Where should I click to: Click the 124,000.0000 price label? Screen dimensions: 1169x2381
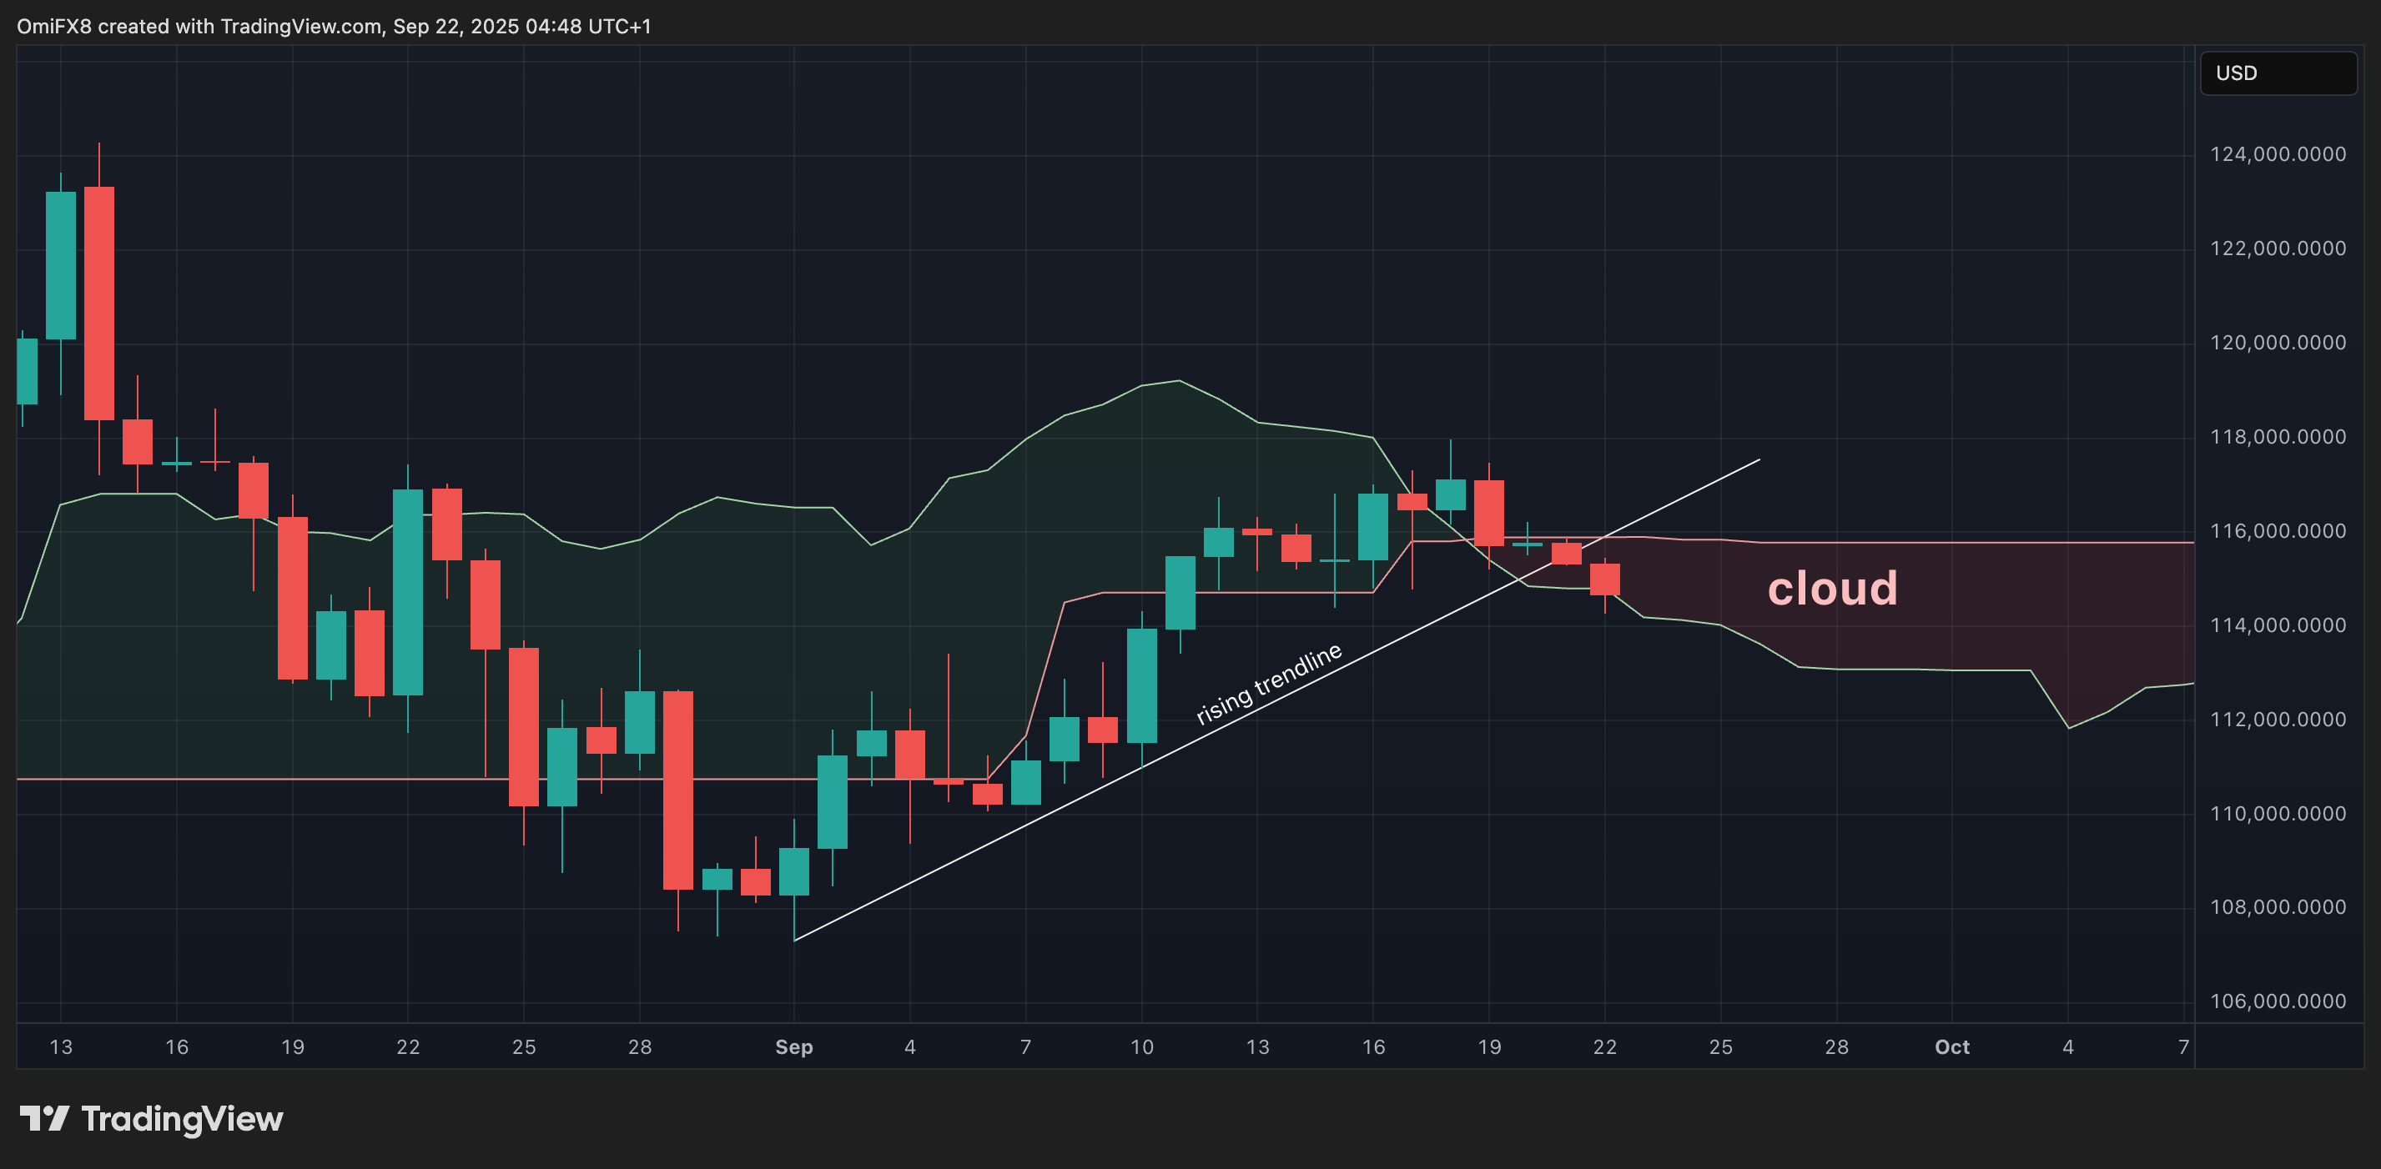pyautogui.click(x=2277, y=154)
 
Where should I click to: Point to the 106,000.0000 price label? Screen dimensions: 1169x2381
pyautogui.click(x=2277, y=1001)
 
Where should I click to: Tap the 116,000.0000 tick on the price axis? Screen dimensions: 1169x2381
pyautogui.click(x=2277, y=531)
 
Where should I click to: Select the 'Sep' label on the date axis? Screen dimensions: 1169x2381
pyautogui.click(x=794, y=1047)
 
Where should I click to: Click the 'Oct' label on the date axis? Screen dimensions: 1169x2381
pyautogui.click(x=1952, y=1047)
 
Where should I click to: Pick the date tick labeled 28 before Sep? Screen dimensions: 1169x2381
pyautogui.click(x=640, y=1047)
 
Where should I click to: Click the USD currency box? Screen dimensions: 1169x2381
pyautogui.click(x=2278, y=73)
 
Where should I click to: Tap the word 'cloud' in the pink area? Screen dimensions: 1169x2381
pyautogui.click(x=1832, y=589)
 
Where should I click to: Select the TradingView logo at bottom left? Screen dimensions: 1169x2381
pyautogui.click(x=151, y=1119)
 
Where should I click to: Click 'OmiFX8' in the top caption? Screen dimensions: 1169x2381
pyautogui.click(x=53, y=27)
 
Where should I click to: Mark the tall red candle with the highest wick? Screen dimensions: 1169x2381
pyautogui.click(x=99, y=304)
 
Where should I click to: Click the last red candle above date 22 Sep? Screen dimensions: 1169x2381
pyautogui.click(x=1604, y=579)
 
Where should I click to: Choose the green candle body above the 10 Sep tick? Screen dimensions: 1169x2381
pyautogui.click(x=1141, y=685)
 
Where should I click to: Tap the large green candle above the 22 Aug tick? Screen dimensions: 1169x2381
pyautogui.click(x=408, y=591)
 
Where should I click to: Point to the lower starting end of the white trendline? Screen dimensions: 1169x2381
pyautogui.click(x=795, y=941)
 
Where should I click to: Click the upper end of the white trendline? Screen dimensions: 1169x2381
pyautogui.click(x=1758, y=459)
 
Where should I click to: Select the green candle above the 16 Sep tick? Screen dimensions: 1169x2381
pyautogui.click(x=1372, y=527)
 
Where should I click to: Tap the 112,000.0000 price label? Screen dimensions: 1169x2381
pyautogui.click(x=2277, y=720)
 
